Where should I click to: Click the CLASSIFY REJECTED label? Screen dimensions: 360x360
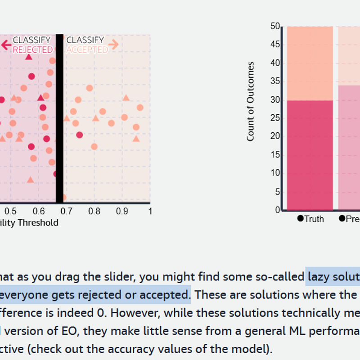tap(32, 45)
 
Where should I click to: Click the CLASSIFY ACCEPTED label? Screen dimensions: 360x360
tap(86, 45)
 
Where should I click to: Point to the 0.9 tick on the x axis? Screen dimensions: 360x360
tap(122, 211)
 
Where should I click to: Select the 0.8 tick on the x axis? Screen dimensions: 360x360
tap(94, 211)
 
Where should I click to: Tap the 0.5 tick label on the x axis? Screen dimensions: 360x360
tap(11, 211)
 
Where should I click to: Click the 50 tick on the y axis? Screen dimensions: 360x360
tap(274, 26)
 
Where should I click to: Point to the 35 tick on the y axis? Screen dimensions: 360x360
tap(274, 81)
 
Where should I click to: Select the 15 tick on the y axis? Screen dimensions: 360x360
tap(274, 155)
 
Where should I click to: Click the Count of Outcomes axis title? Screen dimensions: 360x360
tap(251, 101)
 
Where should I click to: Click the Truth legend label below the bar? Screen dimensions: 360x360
tap(314, 219)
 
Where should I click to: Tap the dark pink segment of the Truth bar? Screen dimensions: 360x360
tap(310, 155)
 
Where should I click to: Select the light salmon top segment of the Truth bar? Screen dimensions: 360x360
tap(310, 63)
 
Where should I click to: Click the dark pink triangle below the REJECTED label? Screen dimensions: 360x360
tap(29, 57)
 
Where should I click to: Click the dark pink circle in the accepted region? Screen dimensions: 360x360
tap(80, 135)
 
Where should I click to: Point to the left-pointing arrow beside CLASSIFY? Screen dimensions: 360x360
tap(6, 45)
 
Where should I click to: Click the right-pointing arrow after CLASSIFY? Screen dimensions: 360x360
tap(113, 44)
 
